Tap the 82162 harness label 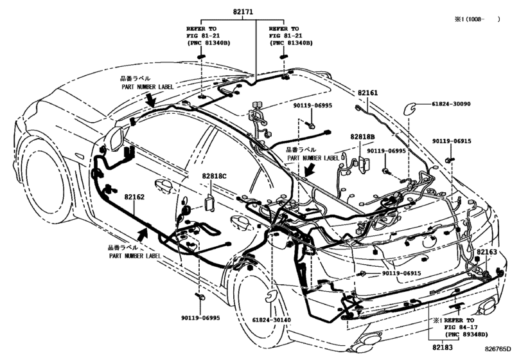point(134,197)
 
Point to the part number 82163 point(487,253)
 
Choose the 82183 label point(441,348)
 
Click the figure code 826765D point(501,348)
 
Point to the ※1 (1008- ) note point(478,20)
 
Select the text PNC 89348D point(465,334)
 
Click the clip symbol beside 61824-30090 point(409,107)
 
